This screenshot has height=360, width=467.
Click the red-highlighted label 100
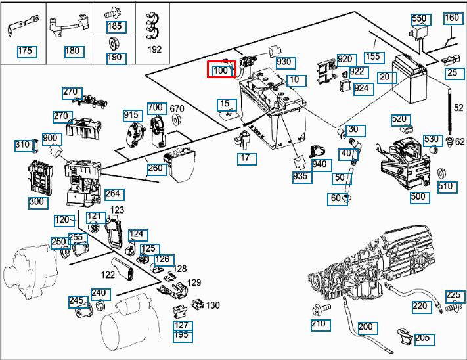(221, 69)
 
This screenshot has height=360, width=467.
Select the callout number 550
(419, 19)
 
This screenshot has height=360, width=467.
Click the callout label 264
(113, 194)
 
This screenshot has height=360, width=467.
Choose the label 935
(301, 177)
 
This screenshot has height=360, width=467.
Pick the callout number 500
(418, 196)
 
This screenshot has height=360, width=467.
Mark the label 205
(423, 338)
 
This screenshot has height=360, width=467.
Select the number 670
(177, 108)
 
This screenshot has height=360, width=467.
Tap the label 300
(37, 202)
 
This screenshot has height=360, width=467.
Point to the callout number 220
(420, 305)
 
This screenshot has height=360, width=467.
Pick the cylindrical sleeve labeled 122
(124, 268)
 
